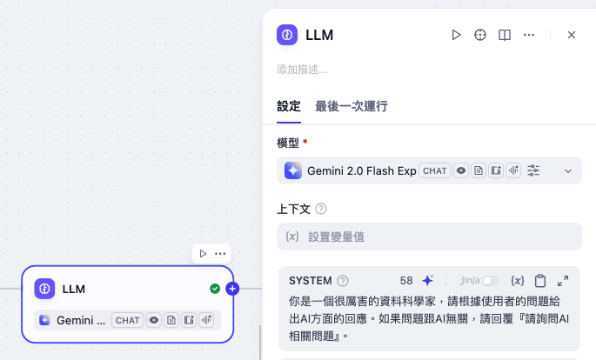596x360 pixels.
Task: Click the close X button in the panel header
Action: (x=572, y=35)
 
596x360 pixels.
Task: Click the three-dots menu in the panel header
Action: (x=529, y=35)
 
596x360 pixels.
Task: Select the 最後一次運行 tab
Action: (x=352, y=106)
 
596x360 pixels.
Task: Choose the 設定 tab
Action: (x=289, y=106)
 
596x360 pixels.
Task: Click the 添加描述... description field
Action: (x=303, y=70)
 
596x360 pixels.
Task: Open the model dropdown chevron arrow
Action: (x=568, y=171)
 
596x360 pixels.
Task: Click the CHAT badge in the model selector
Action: (x=435, y=171)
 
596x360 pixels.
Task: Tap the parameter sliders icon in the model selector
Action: (x=533, y=171)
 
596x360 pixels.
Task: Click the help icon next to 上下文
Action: (x=321, y=209)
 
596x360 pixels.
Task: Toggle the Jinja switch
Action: (x=490, y=281)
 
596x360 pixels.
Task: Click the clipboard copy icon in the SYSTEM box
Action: (x=540, y=281)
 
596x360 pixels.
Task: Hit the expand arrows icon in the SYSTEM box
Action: (x=563, y=281)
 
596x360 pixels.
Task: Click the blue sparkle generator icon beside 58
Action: (x=427, y=281)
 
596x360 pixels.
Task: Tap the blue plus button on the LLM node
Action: (x=232, y=289)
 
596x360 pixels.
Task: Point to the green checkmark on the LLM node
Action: (x=215, y=289)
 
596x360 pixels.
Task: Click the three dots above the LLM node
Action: (x=220, y=253)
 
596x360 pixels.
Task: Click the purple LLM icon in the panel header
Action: (x=287, y=35)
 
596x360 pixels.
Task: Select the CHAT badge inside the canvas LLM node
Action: (x=128, y=320)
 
